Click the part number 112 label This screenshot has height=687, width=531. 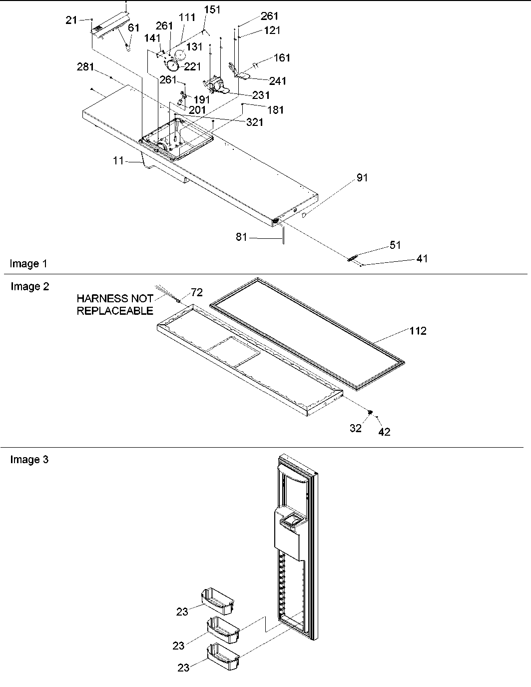418,331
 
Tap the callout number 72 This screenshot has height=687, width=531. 197,293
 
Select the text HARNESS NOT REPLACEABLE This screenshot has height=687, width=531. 115,305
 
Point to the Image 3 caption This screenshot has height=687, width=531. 29,460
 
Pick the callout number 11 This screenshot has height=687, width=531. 118,161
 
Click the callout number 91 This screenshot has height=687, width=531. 362,178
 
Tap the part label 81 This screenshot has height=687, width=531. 241,237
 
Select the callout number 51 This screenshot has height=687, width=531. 395,245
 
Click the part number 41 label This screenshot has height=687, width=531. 422,259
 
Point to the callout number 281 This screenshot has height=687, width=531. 85,67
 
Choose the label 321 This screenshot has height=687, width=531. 254,122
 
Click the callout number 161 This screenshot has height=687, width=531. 282,58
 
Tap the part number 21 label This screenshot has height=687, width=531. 71,20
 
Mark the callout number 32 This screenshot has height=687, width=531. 355,428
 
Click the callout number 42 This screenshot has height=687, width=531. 384,432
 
